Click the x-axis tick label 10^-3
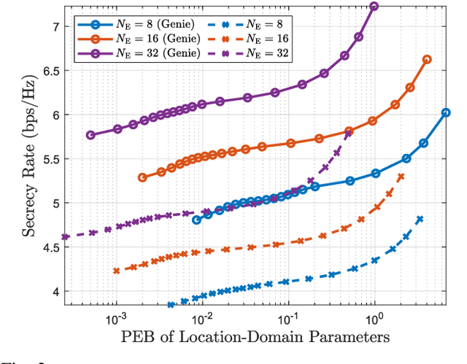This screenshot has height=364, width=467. pyautogui.click(x=116, y=319)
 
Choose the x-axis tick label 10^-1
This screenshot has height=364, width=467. pyautogui.click(x=288, y=319)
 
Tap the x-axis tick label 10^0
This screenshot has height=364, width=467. pyautogui.click(x=374, y=319)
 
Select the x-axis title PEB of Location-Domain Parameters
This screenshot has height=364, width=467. pyautogui.click(x=256, y=338)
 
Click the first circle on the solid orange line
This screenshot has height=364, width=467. pyautogui.click(x=142, y=177)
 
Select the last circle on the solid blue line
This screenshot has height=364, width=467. pyautogui.click(x=446, y=112)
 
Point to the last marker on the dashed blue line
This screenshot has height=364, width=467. pyautogui.click(x=420, y=219)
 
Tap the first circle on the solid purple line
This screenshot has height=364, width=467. pyautogui.click(x=90, y=135)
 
